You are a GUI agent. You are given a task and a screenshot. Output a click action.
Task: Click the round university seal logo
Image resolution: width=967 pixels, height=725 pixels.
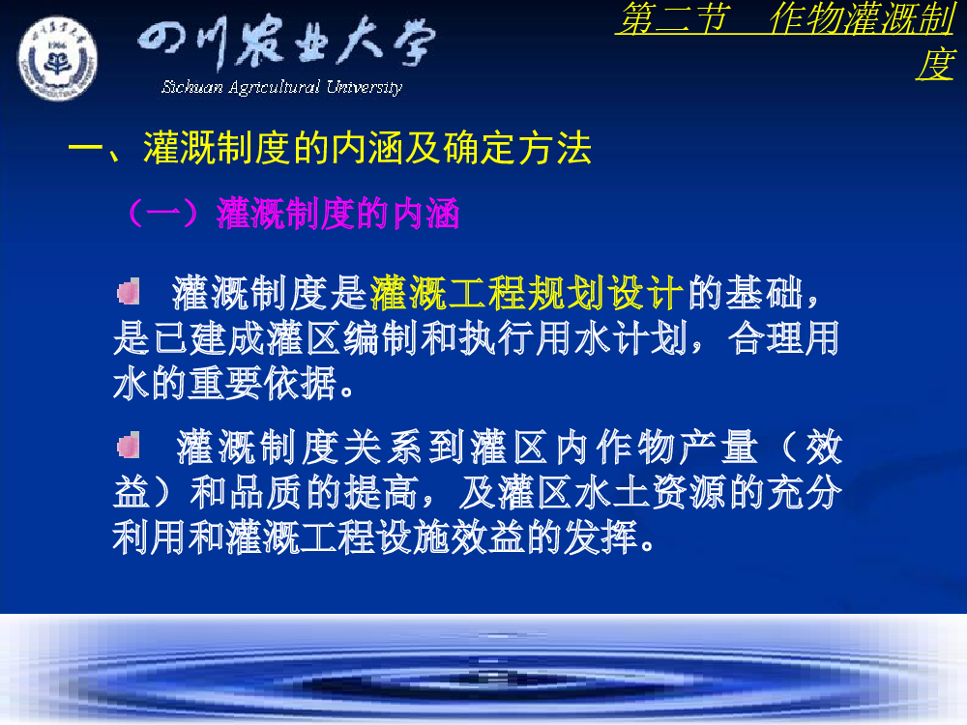57,59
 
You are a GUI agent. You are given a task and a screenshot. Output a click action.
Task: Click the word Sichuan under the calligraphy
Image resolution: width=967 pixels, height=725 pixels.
191,87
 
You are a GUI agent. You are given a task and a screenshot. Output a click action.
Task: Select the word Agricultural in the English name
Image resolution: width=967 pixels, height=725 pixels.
275,88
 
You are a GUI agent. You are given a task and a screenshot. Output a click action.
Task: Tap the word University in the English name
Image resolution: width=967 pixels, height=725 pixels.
365,87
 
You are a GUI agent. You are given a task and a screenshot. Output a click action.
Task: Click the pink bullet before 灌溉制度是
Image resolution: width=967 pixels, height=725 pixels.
129,292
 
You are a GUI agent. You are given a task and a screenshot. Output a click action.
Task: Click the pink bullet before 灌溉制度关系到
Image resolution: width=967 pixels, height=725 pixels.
129,445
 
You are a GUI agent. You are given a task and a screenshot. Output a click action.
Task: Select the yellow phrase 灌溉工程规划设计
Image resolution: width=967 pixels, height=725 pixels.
527,293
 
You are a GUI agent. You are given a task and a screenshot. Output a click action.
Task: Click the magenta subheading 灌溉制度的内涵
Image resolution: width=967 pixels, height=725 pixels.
337,214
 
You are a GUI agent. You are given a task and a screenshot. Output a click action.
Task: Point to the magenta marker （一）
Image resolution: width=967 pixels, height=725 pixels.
163,214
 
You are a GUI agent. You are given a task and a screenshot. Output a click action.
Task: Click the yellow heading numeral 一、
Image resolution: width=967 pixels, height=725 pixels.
96,150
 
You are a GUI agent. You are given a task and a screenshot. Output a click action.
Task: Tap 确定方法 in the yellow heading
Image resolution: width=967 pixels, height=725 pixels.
517,149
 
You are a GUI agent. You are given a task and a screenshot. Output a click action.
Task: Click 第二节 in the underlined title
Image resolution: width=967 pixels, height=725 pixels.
673,17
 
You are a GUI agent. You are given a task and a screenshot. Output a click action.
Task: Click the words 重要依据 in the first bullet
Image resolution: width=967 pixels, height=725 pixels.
263,384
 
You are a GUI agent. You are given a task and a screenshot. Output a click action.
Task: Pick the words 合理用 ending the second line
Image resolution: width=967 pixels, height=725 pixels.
783,338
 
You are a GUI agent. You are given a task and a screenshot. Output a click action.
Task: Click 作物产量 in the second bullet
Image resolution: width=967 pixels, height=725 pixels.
657,447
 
